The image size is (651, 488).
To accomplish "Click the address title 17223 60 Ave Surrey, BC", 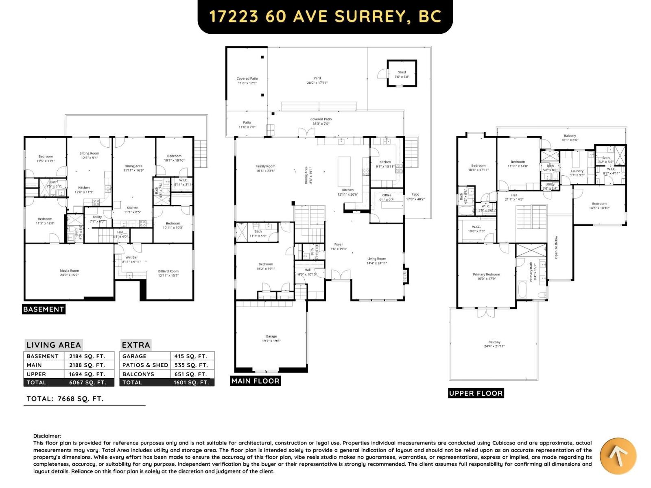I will coord(325,17).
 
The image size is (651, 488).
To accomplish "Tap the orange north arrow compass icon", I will coord(618,456).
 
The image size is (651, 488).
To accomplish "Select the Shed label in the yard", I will coord(402,72).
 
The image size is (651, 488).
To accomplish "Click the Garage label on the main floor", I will coord(271,336).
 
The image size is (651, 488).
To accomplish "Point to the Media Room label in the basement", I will coord(69,270).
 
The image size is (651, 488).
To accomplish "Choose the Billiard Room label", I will coord(168,271).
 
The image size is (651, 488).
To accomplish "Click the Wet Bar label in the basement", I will coord(131,257).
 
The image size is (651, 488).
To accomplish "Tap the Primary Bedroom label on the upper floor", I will coord(486,274).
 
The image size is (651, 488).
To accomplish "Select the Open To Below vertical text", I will coord(556,247).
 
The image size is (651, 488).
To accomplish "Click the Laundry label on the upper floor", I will coord(577,171).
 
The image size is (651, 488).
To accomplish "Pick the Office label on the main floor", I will coord(387,195).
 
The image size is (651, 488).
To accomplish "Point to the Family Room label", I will coord(265,166).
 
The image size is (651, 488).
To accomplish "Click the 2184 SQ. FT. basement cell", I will coord(87,356).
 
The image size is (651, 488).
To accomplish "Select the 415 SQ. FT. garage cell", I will coord(190,356).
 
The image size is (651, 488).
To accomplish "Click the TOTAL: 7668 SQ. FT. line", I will coord(65,399).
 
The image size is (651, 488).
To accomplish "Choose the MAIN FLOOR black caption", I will coord(255,381).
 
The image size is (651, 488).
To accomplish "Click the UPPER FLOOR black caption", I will coord(476,393).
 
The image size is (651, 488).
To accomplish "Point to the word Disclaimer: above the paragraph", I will coord(47,436).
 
